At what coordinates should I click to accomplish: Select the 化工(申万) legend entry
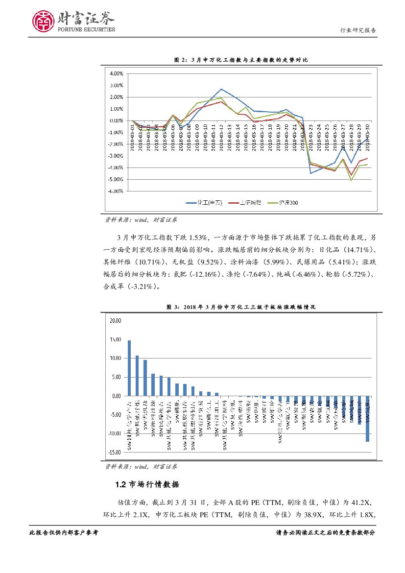(x=202, y=202)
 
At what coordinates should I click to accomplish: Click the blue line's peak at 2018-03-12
(x=221, y=89)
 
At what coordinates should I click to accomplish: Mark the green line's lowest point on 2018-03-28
(x=351, y=180)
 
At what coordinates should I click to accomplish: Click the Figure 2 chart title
(x=241, y=60)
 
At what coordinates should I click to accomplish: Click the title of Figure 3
(x=241, y=307)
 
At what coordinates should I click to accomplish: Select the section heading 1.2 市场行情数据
(x=147, y=485)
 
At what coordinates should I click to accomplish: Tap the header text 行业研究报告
(x=358, y=30)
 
